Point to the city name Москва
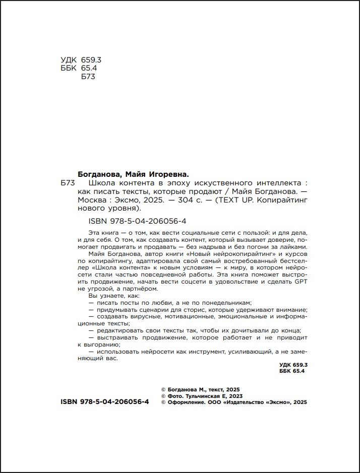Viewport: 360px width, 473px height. (91, 199)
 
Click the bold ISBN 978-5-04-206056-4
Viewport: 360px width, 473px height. (104, 402)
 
